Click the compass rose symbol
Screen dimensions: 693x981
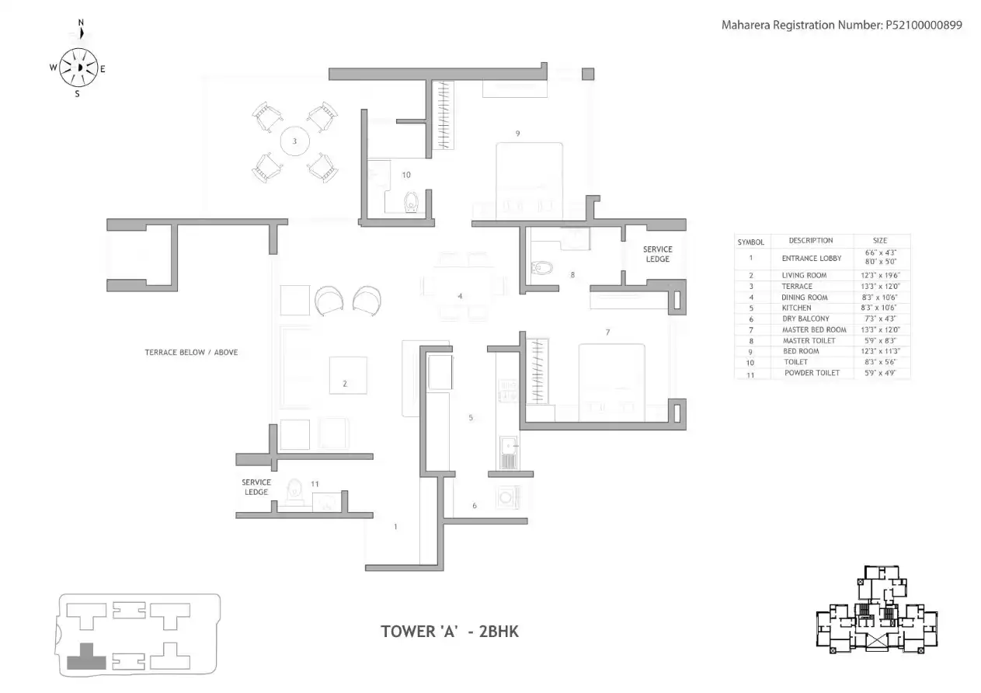coord(78,68)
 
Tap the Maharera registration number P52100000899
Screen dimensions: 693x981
coord(841,25)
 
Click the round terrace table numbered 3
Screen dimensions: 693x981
coord(294,141)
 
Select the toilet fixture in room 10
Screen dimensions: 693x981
coord(412,203)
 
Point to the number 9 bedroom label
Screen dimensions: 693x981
coord(517,134)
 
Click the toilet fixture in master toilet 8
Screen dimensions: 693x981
coord(541,269)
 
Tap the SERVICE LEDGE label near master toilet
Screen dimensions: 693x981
coord(657,254)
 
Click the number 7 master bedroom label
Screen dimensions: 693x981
coord(607,333)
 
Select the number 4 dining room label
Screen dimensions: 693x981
coord(460,296)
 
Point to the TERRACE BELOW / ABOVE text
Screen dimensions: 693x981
coord(191,352)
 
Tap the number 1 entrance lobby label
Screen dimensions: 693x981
coord(395,528)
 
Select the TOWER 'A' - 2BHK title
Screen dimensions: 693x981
coord(450,631)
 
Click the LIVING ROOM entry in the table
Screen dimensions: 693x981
coord(804,275)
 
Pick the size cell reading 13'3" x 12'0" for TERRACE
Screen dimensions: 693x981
coord(881,286)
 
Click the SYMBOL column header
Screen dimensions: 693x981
coord(750,242)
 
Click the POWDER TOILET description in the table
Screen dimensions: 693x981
coord(812,373)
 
